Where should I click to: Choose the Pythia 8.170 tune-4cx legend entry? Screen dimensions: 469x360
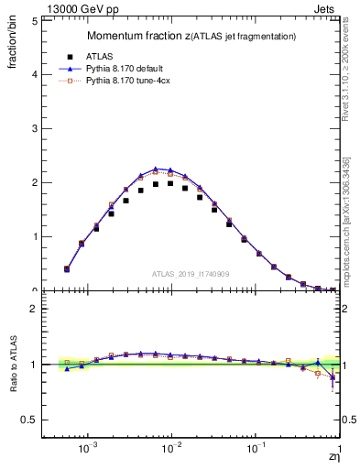point(127,81)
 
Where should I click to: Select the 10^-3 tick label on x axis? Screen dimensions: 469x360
point(88,452)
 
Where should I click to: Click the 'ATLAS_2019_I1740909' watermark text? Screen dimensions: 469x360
point(191,274)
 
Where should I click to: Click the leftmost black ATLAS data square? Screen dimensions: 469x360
point(67,269)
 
